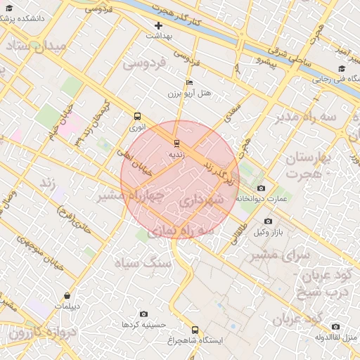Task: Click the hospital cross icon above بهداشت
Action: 159,25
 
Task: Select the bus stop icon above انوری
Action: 137,117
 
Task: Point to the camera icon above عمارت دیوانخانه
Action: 262,188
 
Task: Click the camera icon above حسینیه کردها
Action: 143,314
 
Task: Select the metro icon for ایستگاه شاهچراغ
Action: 195,329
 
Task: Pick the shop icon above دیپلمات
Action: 67,296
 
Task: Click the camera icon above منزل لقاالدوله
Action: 335,326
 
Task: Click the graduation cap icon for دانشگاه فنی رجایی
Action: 342,69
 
